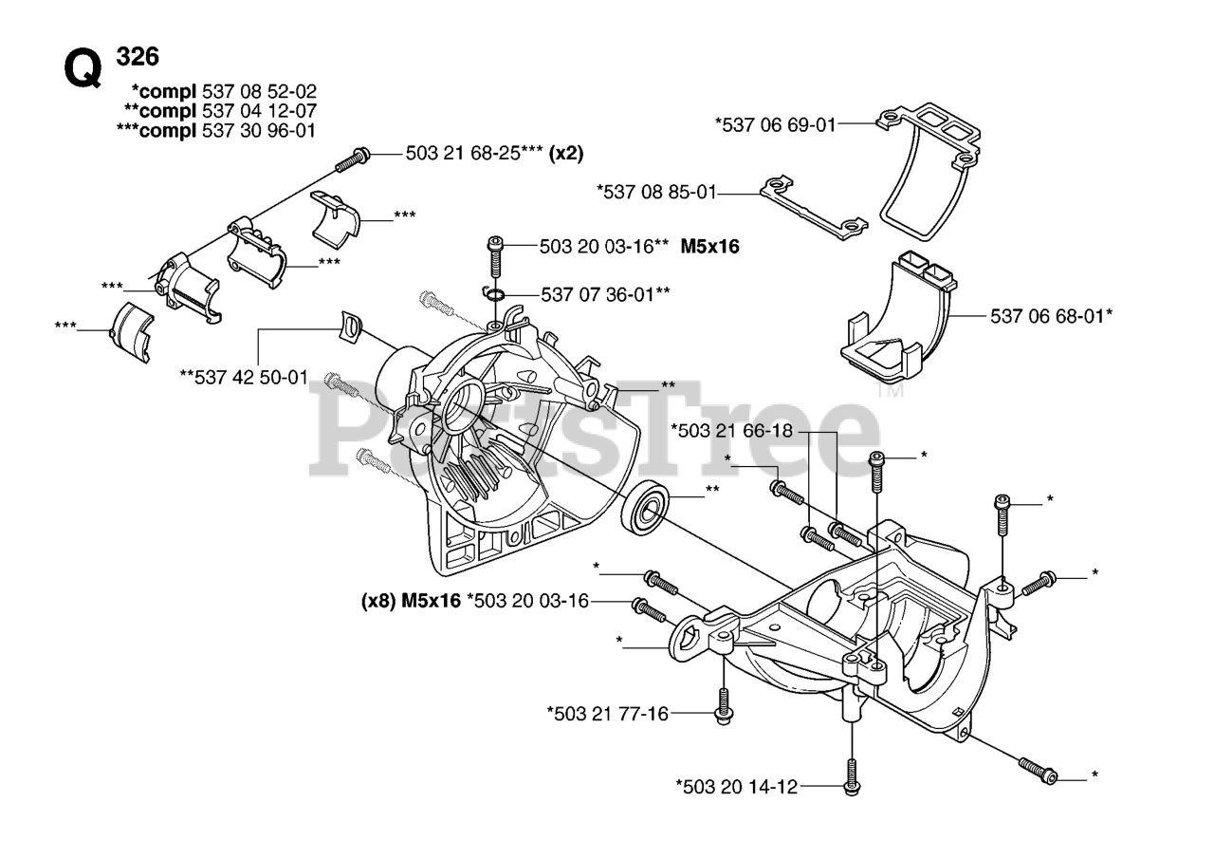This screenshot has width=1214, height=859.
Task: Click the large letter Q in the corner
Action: click(83, 68)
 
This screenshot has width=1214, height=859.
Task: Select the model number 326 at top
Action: click(138, 56)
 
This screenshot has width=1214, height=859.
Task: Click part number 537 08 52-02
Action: click(259, 92)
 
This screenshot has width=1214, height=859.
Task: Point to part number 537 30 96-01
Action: click(259, 130)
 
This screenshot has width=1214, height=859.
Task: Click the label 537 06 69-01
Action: click(776, 123)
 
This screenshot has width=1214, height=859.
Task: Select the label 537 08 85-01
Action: click(656, 193)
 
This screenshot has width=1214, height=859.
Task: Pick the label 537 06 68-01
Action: click(1049, 316)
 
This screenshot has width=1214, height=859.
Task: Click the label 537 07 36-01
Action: click(602, 294)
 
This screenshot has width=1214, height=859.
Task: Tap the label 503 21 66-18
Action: click(731, 430)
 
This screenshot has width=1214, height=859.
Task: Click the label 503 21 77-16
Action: click(608, 713)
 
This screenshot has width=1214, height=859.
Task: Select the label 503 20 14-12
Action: click(737, 786)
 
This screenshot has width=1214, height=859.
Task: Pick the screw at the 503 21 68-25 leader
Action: click(351, 159)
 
